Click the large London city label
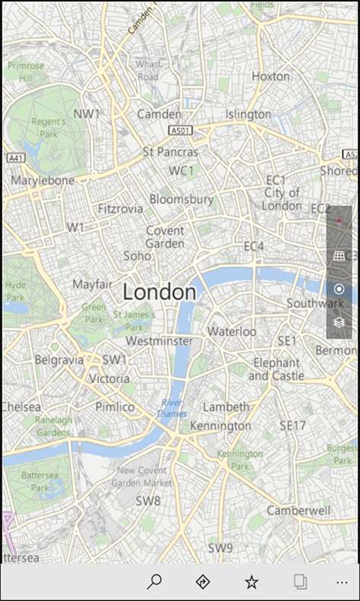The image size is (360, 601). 159,292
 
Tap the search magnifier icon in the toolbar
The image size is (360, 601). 154,582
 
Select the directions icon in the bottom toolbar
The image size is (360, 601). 202,582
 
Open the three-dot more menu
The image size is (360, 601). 341,582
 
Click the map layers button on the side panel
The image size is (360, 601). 339,322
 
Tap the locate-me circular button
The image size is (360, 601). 339,289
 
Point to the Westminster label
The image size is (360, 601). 159,341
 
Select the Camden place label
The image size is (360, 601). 159,114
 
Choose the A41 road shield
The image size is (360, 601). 14,157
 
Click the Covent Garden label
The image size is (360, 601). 165,237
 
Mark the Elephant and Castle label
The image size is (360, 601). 276,369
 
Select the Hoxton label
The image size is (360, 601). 271,76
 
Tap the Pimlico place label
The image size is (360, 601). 114,407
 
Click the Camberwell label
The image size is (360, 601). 299,509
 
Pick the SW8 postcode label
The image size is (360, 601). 148,501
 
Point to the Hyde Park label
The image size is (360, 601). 15,290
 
